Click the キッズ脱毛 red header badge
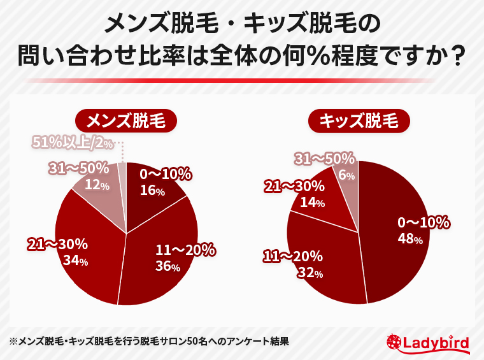[359, 121]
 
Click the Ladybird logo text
[437, 343]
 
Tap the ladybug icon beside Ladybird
[394, 343]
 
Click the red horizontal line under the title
[242, 80]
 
